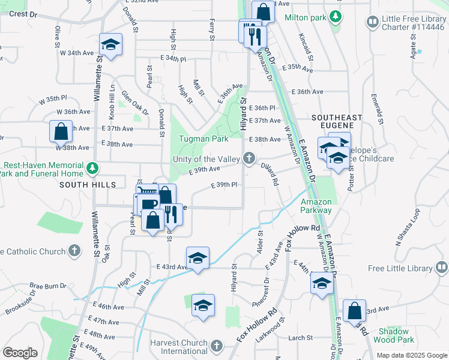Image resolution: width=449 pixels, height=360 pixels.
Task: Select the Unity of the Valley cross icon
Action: click(249, 159)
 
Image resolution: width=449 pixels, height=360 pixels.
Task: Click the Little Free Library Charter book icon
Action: click(373, 22)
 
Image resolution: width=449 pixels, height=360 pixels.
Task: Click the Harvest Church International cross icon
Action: click(217, 346)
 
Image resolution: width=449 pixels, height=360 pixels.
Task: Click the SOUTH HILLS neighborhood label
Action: click(87, 185)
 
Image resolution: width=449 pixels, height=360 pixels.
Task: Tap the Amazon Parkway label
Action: click(316, 206)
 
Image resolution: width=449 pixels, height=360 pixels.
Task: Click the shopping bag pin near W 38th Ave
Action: click(61, 131)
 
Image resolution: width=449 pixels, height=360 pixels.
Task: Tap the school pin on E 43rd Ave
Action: click(197, 258)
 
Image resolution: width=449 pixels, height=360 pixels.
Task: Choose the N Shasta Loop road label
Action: click(408, 228)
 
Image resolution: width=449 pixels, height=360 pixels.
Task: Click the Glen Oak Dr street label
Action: click(134, 102)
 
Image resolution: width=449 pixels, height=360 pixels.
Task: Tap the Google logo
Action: click(20, 353)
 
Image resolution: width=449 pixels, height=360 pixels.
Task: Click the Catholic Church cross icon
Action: click(74, 250)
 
